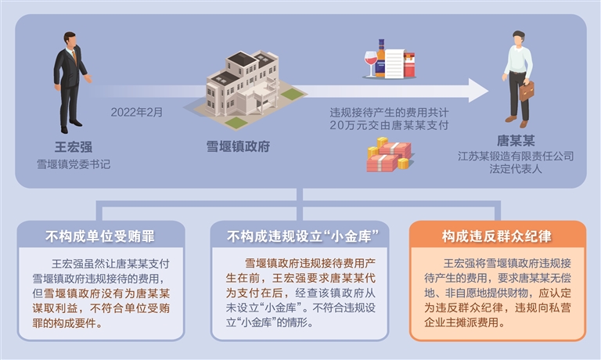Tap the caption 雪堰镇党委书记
coord(73,164)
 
